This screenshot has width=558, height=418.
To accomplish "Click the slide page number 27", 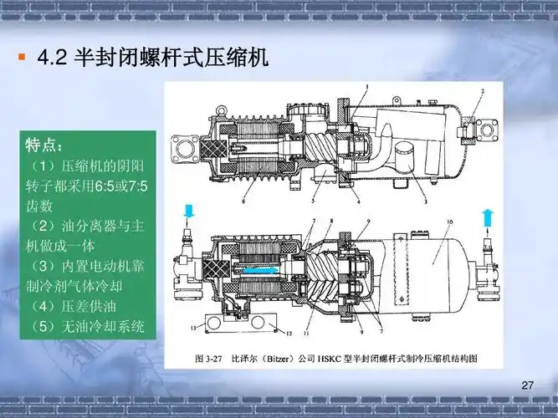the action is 527,385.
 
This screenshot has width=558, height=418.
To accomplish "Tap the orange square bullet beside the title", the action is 22,57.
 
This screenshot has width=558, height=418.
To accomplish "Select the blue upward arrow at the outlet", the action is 489,217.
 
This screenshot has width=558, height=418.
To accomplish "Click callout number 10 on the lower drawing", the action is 449,222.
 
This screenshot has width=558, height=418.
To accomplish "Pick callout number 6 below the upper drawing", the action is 243,201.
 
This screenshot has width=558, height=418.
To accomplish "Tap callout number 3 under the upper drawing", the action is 425,201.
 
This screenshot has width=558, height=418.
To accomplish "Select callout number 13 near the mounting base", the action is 193,328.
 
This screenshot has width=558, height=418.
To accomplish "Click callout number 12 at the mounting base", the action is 289,334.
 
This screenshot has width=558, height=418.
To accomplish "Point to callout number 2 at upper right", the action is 483,91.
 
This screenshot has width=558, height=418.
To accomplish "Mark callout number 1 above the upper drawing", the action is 367,86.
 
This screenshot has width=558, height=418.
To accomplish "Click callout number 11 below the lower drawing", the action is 306,334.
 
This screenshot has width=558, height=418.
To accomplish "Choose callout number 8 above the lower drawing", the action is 331,221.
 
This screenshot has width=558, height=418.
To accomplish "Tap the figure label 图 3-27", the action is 209,358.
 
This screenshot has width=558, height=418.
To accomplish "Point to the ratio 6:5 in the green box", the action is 104,186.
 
